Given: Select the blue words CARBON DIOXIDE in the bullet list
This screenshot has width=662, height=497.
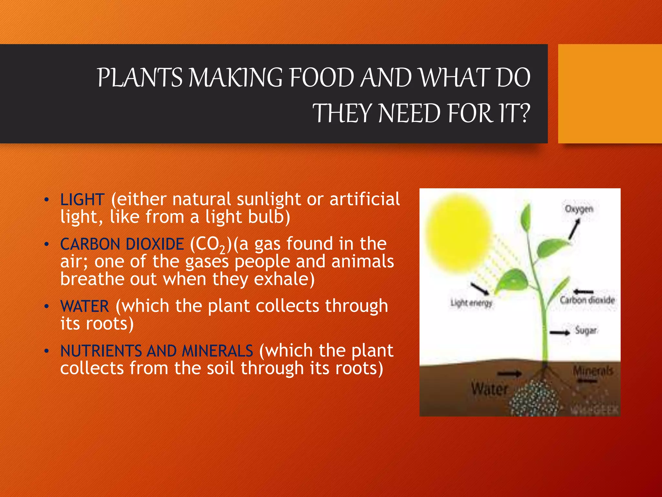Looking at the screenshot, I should pos(122,244).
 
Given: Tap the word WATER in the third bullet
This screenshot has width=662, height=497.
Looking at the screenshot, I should pos(85,306).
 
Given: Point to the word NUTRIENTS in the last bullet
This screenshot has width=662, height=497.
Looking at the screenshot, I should pos(101,351).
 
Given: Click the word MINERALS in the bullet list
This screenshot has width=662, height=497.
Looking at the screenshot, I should pos(217,351).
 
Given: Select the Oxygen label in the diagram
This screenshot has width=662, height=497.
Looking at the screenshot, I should pos(579,209).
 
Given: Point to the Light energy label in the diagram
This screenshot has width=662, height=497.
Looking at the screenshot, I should pos(471,303).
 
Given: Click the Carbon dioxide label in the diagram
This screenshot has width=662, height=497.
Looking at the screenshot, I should pos(587,300).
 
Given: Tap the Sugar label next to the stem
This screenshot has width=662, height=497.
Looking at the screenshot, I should pos(586,330).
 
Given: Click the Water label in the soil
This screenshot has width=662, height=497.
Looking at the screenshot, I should pos(489,389).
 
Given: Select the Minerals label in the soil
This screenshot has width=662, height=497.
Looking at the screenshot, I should pos(593,371).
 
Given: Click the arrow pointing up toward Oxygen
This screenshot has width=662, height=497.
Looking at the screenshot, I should pos(574,229).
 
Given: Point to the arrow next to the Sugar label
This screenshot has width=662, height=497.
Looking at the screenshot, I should pos(560,333).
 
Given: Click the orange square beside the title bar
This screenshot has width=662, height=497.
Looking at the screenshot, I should pos(610,94).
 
